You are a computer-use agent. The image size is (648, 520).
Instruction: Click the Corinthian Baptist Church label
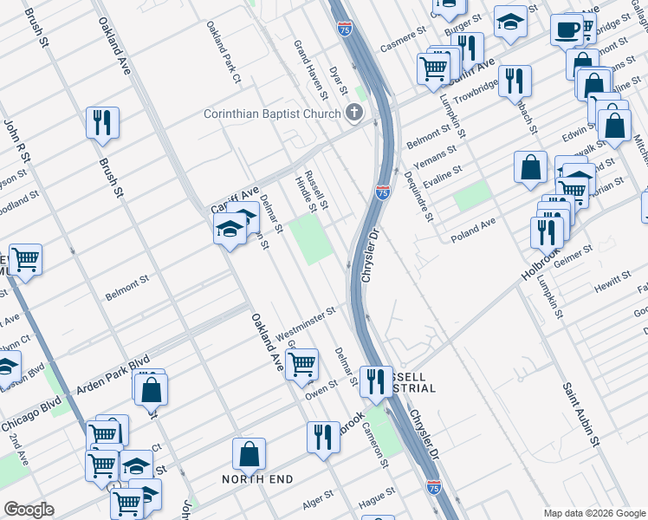tap(272, 114)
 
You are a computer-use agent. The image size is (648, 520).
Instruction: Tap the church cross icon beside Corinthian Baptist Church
tap(353, 113)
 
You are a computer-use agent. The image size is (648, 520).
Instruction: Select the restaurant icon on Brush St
tap(102, 124)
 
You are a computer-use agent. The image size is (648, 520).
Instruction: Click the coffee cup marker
tap(567, 30)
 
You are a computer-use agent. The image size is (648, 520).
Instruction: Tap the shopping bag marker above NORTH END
tap(249, 454)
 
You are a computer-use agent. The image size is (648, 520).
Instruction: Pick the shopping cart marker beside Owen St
tap(301, 364)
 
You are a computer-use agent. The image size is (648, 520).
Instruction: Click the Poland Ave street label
tap(472, 227)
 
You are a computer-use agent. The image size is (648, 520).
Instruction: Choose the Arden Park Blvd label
tap(114, 374)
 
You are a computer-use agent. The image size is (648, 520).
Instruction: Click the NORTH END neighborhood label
tap(257, 479)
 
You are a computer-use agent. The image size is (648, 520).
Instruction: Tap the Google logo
tap(29, 510)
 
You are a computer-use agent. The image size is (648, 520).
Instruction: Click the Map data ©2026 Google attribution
tap(594, 512)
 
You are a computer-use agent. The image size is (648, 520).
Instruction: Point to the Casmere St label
tap(403, 39)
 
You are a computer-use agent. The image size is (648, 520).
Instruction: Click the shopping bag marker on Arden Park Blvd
tap(151, 389)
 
